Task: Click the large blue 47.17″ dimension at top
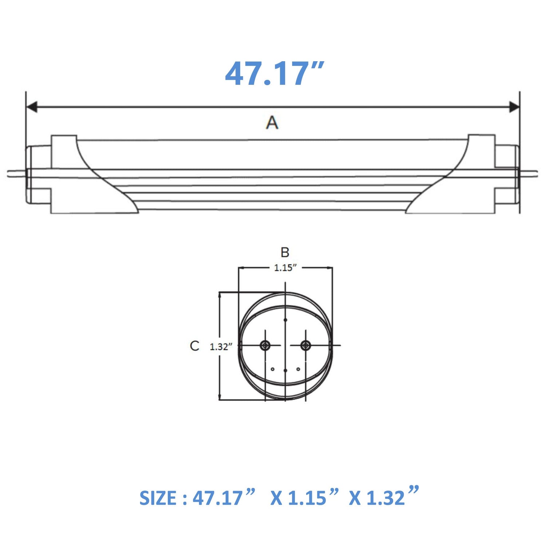pos(274,74)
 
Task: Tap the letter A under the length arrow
pos(272,122)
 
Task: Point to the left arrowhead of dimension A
pos(32,107)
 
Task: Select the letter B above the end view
pos(285,252)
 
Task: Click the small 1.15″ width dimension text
pos(285,268)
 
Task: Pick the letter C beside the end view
pos(195,346)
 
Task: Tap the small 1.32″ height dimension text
pos(221,347)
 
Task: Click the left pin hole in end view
pos(265,345)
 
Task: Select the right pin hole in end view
pos(305,345)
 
